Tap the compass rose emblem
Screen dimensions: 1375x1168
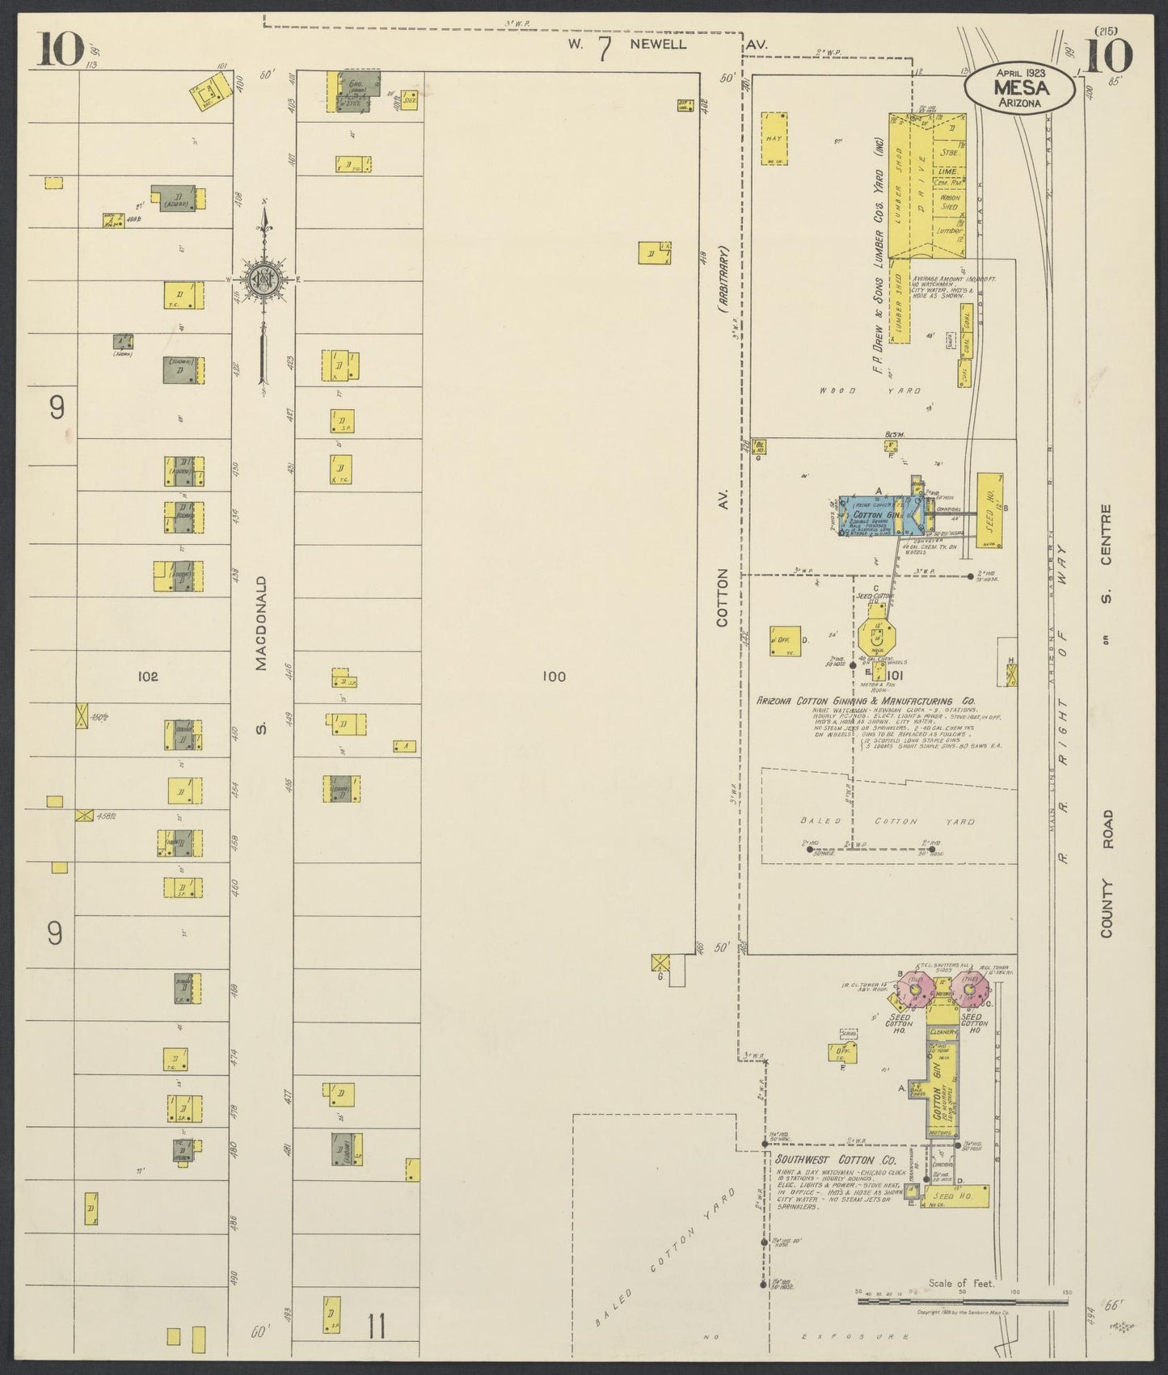[x=264, y=280]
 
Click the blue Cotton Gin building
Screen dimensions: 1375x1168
[x=878, y=516]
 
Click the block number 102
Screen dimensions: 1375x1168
[x=148, y=677]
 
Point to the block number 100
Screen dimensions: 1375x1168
[x=554, y=677]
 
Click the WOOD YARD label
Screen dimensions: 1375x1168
[x=870, y=390]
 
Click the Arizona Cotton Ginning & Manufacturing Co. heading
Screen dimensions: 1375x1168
[x=866, y=702]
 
